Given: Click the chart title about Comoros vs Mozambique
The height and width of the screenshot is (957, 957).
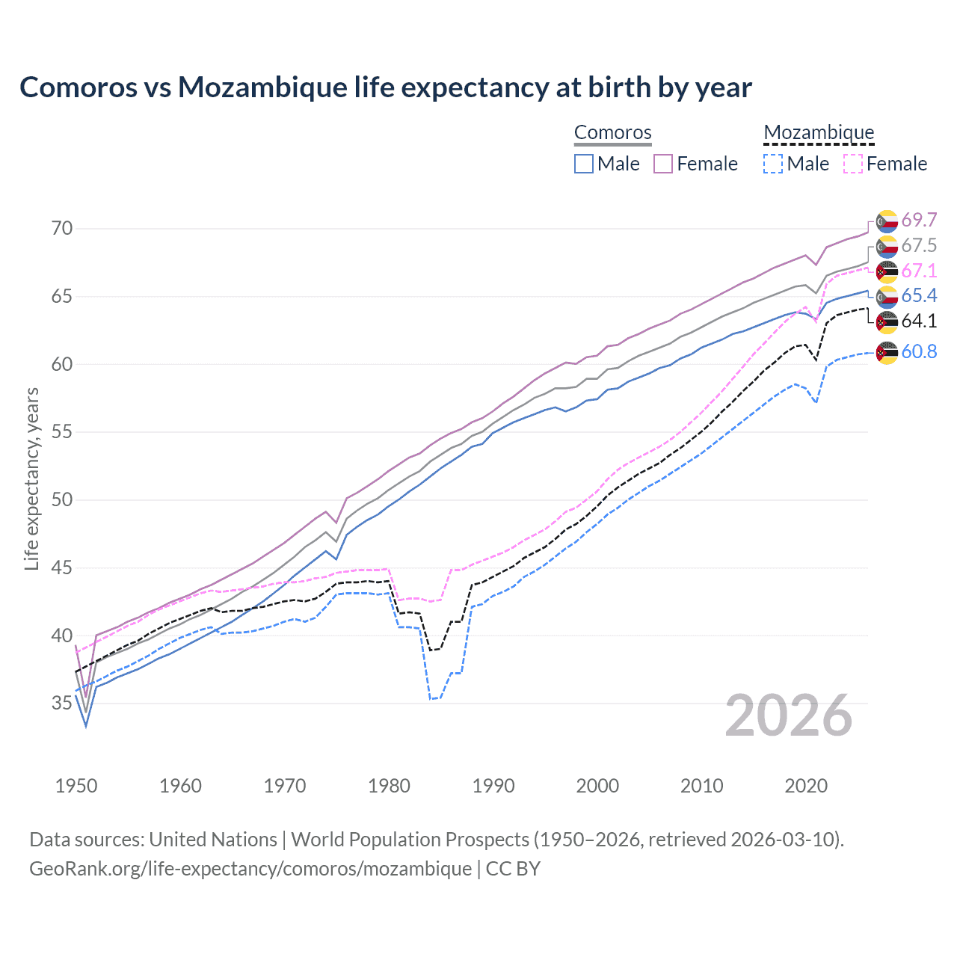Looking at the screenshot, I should tap(385, 87).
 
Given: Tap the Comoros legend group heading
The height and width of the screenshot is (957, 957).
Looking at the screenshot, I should tap(612, 132).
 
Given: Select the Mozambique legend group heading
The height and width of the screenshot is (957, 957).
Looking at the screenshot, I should tap(819, 132).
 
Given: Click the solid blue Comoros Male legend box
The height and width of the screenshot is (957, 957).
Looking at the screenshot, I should tap(584, 164).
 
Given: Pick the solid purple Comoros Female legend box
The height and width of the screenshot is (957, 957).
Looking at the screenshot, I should tap(663, 164).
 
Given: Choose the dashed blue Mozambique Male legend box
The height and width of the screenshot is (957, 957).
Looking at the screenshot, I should tap(773, 164).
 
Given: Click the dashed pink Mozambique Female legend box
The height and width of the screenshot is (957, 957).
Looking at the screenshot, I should tap(852, 164).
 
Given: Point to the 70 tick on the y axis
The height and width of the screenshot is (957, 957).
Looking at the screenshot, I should tap(62, 228).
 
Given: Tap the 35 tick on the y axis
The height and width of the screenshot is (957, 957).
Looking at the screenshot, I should tap(62, 704).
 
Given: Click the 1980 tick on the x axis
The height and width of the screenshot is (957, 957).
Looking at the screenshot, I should tap(389, 786).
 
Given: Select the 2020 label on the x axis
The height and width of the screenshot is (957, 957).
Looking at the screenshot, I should tap(806, 786).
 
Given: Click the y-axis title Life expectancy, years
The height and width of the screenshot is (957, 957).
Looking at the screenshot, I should tap(31, 478).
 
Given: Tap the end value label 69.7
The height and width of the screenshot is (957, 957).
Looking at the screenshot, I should tap(919, 220).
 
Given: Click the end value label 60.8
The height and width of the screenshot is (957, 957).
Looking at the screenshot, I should tap(919, 351).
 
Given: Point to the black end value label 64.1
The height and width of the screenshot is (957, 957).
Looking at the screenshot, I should tap(919, 321).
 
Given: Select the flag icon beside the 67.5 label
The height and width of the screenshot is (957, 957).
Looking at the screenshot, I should tap(887, 246).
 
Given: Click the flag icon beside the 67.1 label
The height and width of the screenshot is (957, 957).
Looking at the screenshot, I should tap(887, 271).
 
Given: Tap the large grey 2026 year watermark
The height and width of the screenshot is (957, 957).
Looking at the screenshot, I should tap(789, 716).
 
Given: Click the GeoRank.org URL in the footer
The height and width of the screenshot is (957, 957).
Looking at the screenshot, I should tap(250, 869).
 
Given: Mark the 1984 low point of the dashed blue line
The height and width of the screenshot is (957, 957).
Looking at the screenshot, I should tap(431, 699).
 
